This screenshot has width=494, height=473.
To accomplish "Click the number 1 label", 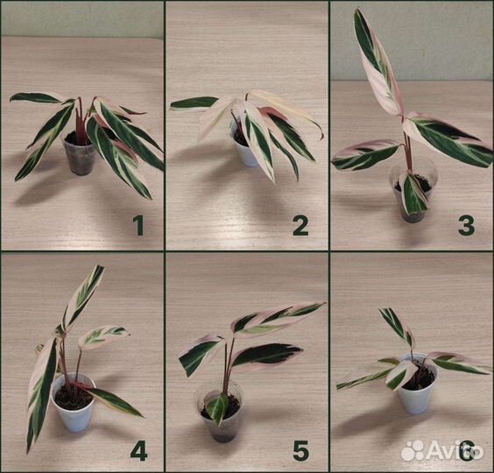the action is point(138,226).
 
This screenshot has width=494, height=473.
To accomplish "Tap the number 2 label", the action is point(300,226).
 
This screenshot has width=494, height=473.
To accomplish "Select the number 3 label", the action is point(466,226).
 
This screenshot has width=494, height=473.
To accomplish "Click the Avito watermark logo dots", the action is point(413,449).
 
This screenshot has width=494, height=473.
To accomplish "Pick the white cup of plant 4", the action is point(74,405).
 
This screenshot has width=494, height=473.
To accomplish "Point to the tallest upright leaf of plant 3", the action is point(377,61).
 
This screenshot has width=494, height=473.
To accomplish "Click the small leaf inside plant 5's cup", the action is point(218,408).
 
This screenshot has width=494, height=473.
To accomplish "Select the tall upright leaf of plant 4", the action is point(83,300).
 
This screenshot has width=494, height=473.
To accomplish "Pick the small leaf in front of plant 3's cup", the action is point(413,192).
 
